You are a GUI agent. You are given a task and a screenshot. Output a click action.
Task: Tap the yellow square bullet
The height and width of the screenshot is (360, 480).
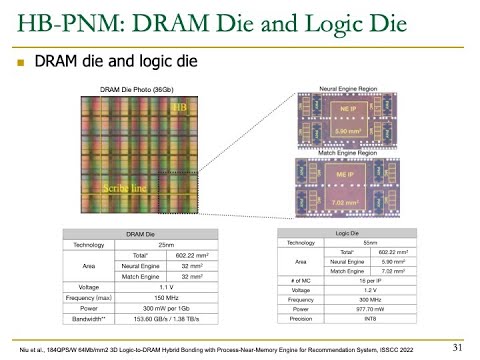point(19,62)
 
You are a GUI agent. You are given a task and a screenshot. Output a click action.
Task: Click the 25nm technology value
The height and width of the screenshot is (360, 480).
point(153,244)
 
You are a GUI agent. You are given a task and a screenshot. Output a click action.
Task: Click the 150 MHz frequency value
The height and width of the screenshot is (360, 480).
point(153,297)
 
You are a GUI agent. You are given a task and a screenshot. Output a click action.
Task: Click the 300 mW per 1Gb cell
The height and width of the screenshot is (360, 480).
point(153,309)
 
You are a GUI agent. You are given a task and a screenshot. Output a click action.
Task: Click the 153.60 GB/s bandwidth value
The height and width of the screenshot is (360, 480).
point(153,321)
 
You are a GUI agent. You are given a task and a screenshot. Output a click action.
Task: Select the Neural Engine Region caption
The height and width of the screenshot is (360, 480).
point(374,89)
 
